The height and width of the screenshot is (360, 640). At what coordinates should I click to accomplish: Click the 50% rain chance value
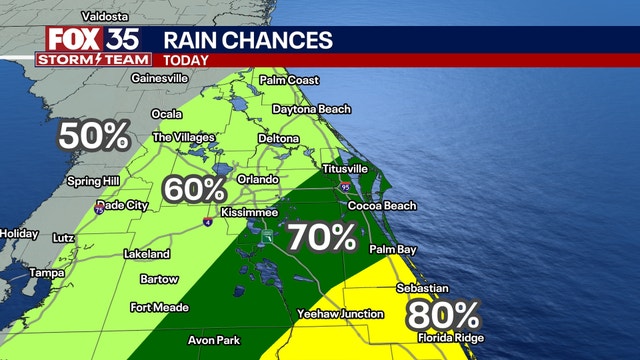coord(94,135)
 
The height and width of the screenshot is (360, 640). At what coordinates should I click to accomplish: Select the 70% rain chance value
coord(322,237)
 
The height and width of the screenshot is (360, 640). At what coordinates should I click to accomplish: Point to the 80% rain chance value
coord(442,315)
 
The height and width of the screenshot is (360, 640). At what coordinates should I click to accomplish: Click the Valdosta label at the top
coord(82,15)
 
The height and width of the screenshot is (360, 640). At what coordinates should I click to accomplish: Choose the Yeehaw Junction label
coord(341,314)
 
